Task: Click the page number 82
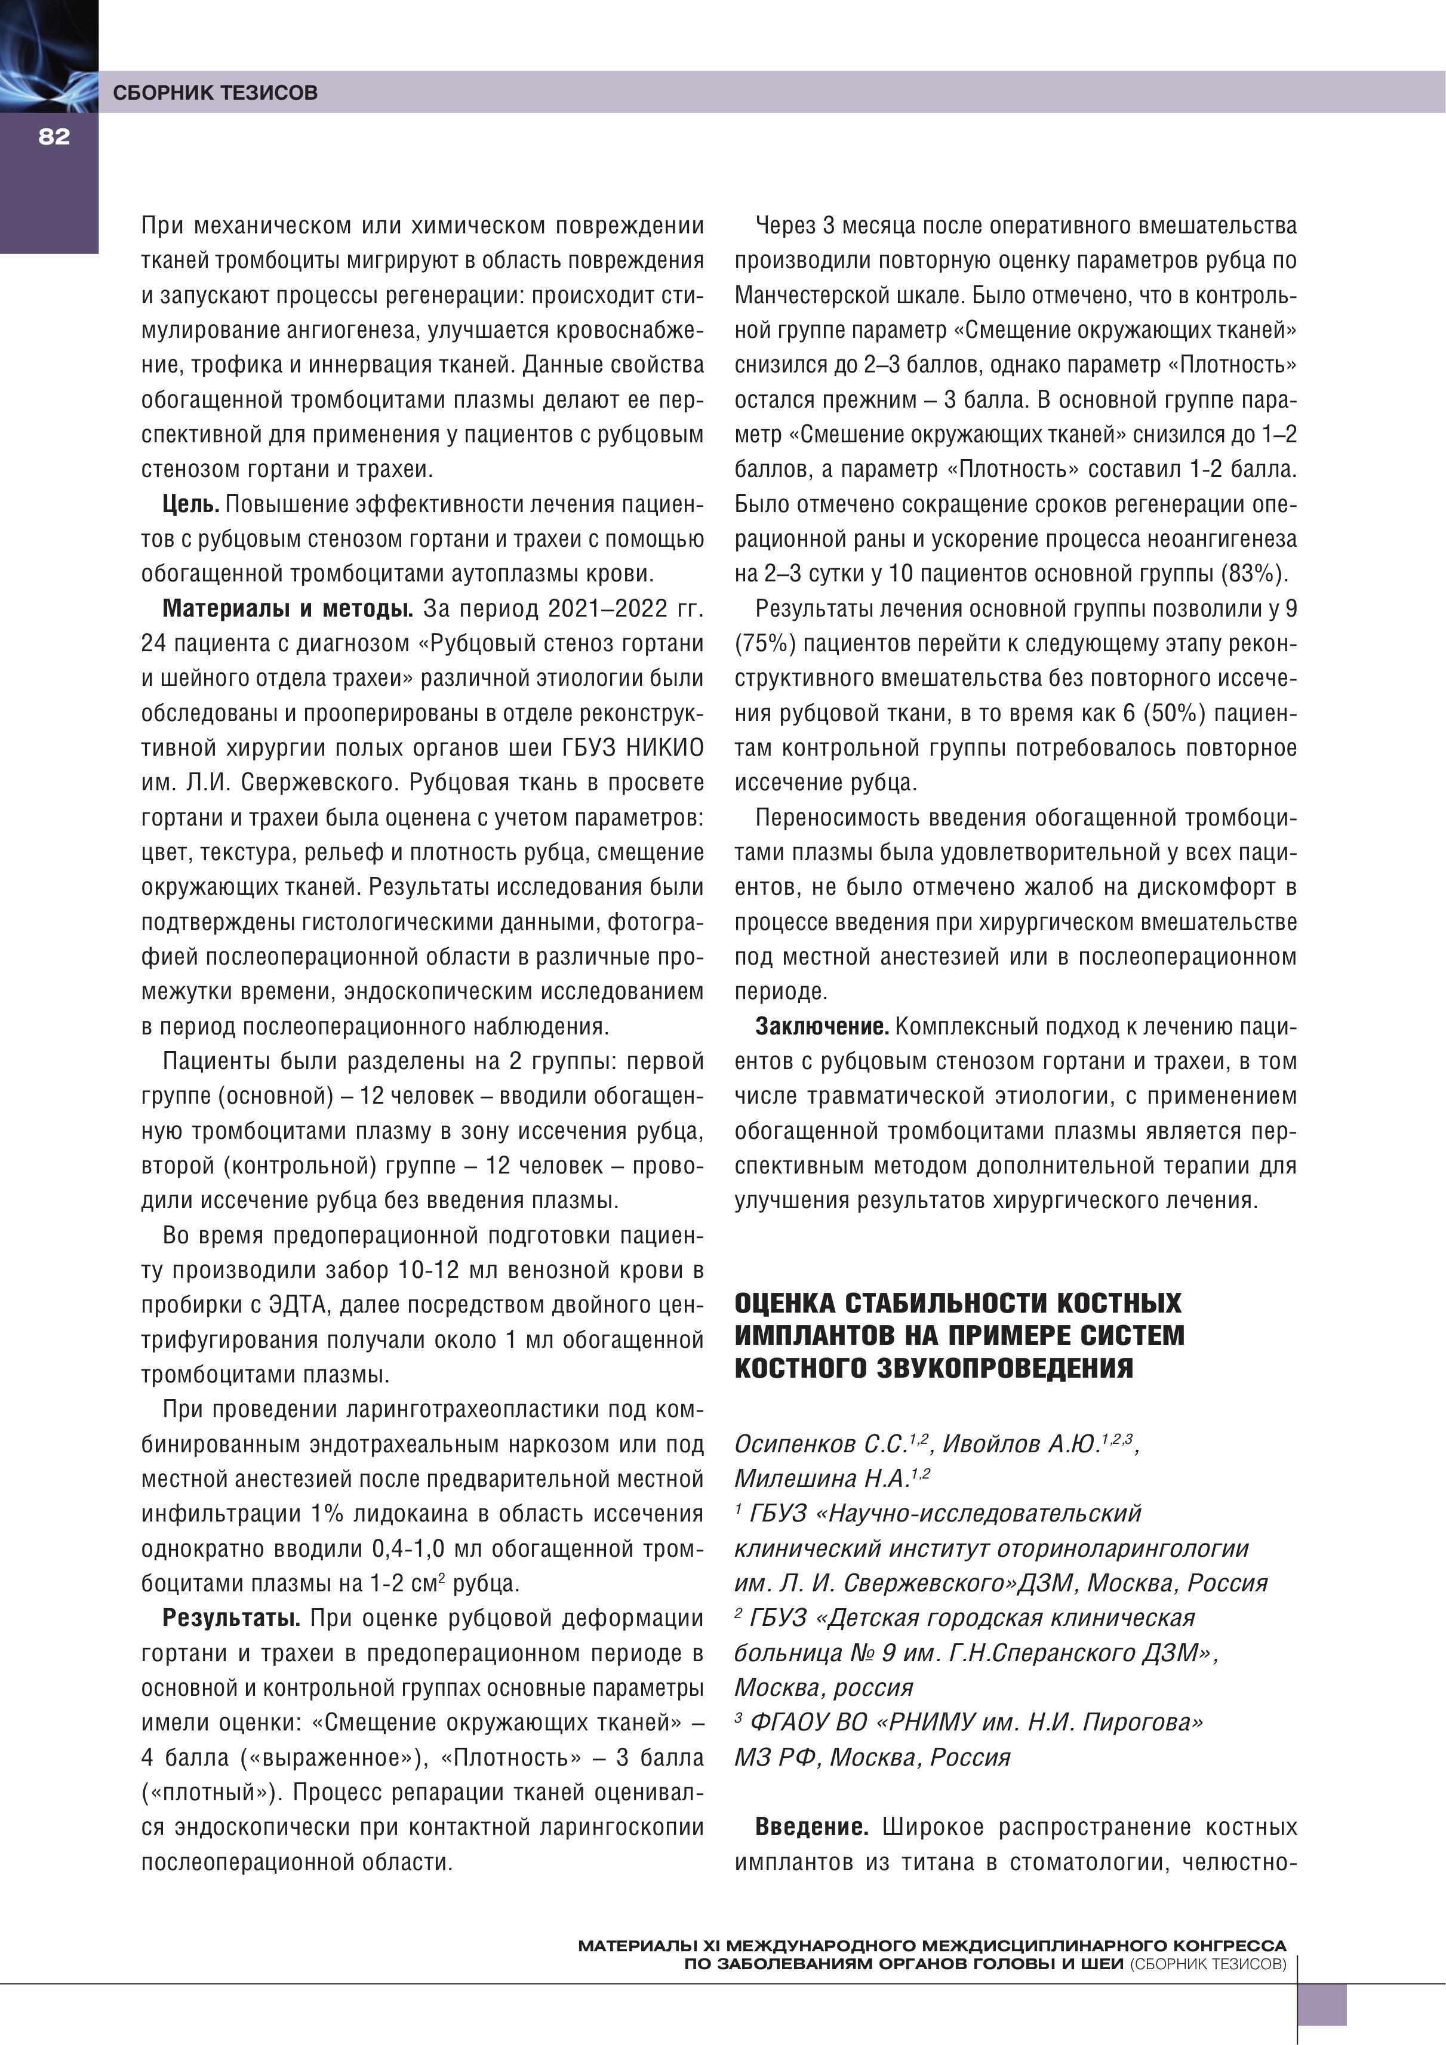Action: click(54, 136)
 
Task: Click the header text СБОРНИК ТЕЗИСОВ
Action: click(215, 93)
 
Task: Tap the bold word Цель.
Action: click(190, 505)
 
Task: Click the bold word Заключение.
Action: click(822, 1027)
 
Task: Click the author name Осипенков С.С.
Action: click(820, 1444)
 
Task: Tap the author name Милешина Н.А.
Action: click(820, 1479)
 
